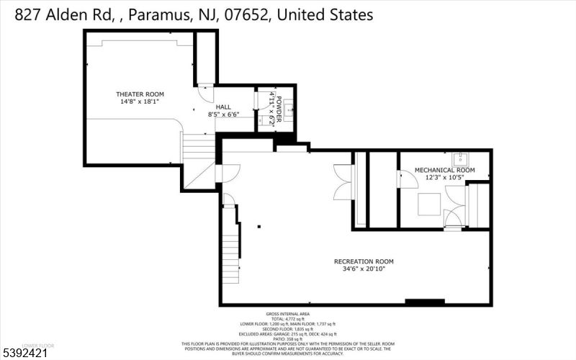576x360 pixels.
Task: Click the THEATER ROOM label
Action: coord(140,94)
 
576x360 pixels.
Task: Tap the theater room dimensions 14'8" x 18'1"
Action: coord(140,102)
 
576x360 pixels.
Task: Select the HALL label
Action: coord(213,106)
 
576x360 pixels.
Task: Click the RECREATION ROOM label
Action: coord(364,261)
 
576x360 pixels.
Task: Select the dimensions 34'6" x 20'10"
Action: coord(364,269)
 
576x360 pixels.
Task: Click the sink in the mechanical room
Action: coord(461,158)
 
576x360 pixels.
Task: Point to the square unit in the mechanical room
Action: coord(431,204)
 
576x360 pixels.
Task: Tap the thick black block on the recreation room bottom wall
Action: coord(424,302)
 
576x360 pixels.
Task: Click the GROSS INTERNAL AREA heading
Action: coord(288,315)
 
